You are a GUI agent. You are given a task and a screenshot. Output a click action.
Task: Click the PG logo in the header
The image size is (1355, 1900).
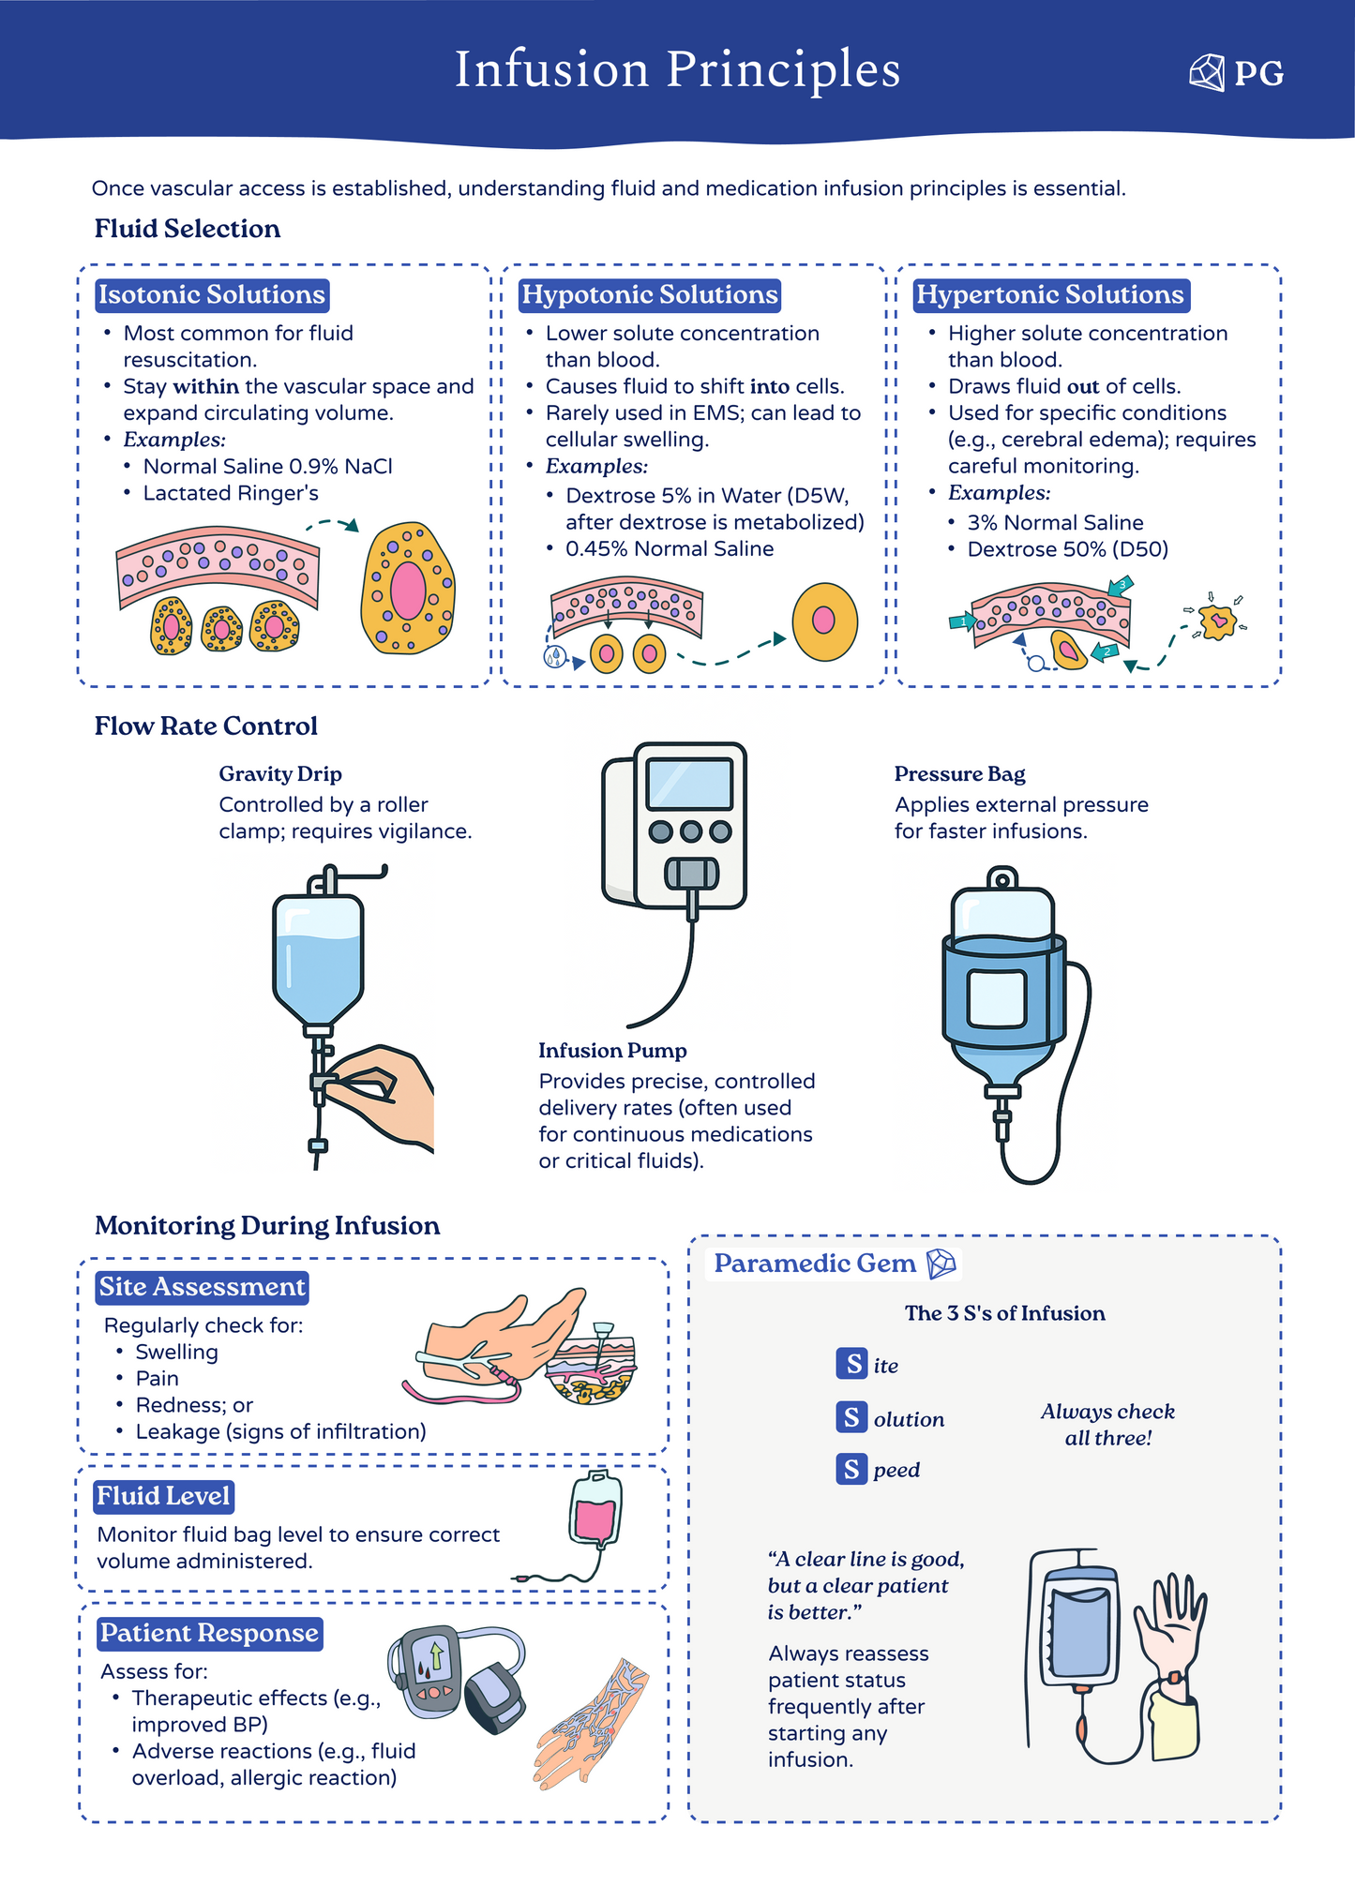coord(1236,72)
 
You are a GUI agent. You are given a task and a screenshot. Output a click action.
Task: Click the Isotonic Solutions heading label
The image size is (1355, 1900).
coord(212,294)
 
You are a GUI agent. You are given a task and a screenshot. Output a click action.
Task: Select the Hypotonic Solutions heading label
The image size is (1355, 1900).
coord(649,294)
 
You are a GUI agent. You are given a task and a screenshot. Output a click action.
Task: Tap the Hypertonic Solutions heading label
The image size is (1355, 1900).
coord(1049,294)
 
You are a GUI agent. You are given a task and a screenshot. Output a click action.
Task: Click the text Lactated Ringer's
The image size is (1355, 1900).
coord(231,493)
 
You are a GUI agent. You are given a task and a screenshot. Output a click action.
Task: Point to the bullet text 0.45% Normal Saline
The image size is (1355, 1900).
coord(669,548)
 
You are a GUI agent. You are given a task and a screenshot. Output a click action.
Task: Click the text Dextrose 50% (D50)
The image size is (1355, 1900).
coord(1067,548)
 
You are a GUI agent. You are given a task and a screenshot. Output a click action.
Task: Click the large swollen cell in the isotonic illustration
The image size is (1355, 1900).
coord(408,589)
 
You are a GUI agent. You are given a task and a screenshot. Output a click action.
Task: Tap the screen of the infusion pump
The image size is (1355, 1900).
coord(689,784)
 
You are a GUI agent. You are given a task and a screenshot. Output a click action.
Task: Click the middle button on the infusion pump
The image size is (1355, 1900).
coord(691,830)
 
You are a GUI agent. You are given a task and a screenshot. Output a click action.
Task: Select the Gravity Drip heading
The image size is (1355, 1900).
coord(280,773)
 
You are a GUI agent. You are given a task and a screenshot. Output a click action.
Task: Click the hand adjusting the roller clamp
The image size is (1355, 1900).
coord(389,1091)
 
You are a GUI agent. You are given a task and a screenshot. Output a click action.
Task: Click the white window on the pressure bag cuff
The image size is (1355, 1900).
coord(997,998)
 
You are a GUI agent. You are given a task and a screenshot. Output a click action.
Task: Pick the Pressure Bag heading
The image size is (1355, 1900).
coord(959,773)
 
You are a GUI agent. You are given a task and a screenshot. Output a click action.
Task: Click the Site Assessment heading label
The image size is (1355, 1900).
coord(203,1287)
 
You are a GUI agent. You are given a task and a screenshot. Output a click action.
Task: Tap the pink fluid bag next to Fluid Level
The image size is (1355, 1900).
coord(595,1516)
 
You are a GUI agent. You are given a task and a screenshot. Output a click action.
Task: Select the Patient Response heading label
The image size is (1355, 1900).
coord(209,1633)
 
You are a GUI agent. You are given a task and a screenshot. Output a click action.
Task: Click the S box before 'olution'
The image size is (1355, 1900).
coord(851,1417)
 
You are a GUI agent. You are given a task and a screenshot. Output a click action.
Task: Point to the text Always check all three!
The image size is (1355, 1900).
coord(1107,1424)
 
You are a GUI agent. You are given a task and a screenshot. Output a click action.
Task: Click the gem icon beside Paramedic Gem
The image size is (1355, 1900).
coord(941,1264)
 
